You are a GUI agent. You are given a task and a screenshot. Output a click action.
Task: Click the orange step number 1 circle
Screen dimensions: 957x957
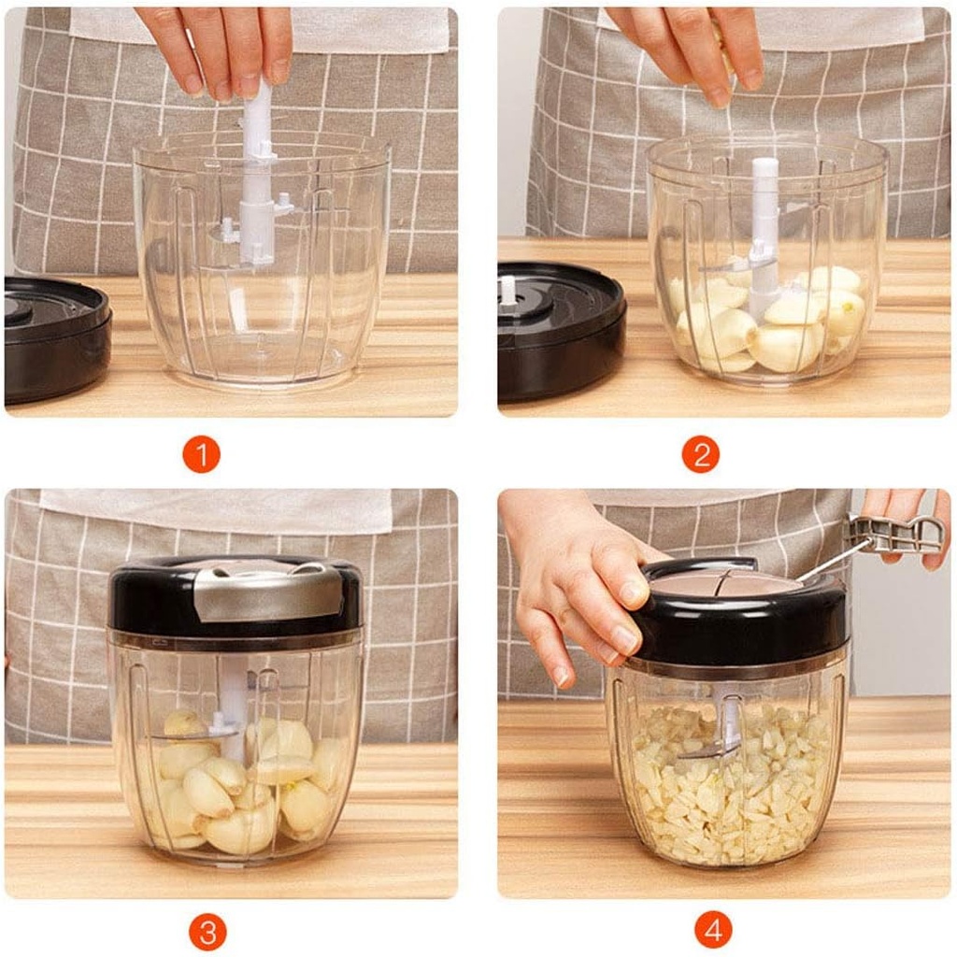(201, 455)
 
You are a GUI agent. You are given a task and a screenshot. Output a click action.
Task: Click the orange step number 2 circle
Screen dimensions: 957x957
(700, 455)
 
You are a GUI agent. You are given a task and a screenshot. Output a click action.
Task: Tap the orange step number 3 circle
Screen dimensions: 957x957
(207, 932)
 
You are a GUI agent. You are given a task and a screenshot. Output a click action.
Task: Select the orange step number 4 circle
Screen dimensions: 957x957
(713, 930)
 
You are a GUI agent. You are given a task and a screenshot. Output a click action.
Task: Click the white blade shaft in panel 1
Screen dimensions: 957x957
(257, 187)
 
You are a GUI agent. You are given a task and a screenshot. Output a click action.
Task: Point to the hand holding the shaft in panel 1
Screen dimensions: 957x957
(220, 47)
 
